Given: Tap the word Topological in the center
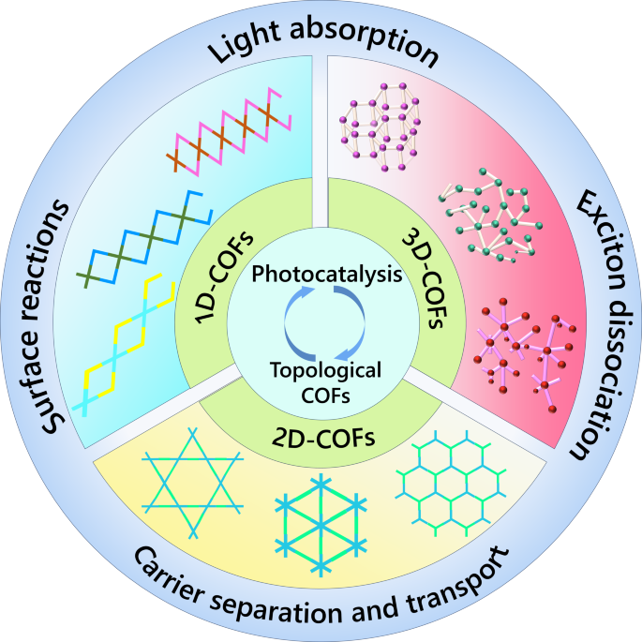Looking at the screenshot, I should (x=321, y=369).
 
